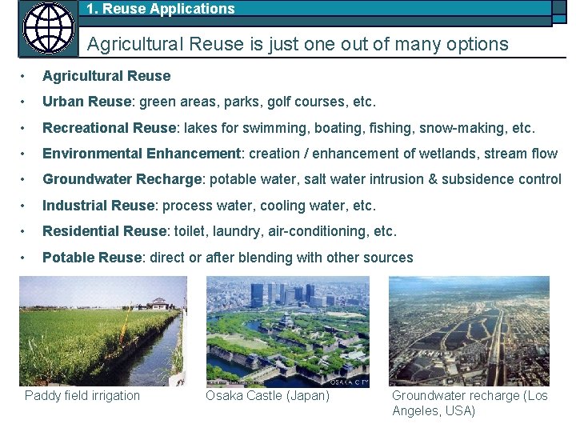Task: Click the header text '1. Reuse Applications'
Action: click(x=160, y=10)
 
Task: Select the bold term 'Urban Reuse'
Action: click(x=86, y=102)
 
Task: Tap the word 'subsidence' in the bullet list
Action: click(x=478, y=179)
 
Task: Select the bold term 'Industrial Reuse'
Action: click(x=98, y=206)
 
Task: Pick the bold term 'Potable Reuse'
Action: click(x=90, y=258)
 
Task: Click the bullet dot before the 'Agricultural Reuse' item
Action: click(x=26, y=77)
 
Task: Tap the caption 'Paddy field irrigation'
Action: click(x=82, y=395)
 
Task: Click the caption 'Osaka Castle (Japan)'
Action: click(x=267, y=395)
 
